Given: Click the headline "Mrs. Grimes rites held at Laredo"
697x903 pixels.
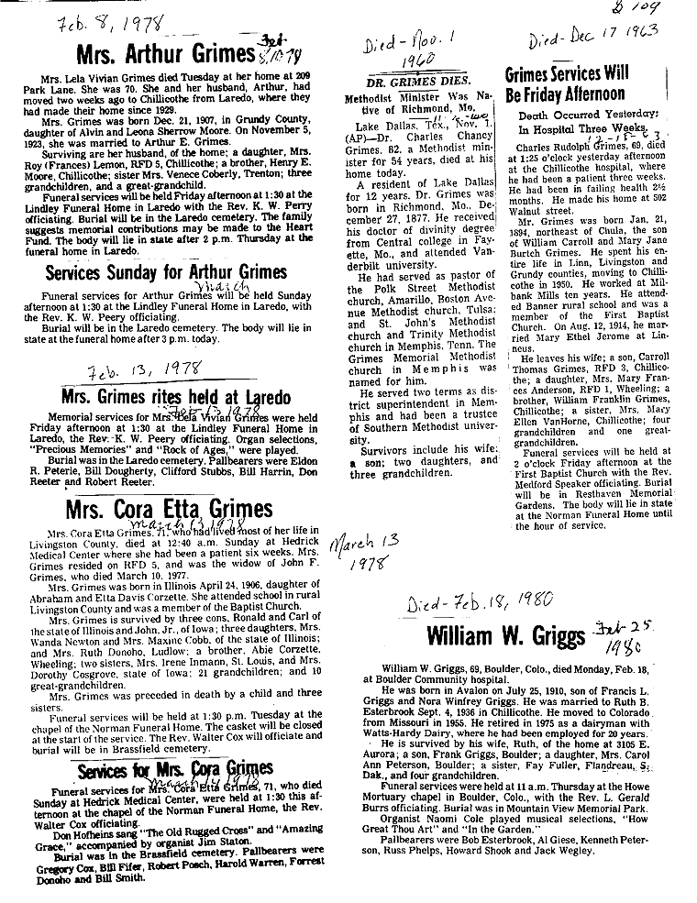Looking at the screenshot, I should (175, 397).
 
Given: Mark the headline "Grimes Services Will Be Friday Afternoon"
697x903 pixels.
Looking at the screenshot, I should (565, 83).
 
